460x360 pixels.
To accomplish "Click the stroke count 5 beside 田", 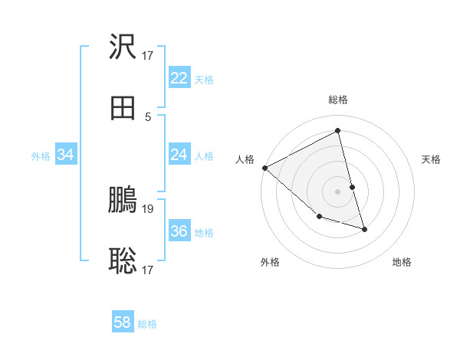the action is click(x=148, y=116).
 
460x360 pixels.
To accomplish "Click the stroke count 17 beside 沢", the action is click(x=148, y=55).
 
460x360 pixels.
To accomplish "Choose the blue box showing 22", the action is click(x=179, y=78).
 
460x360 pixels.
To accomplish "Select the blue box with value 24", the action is click(x=179, y=155).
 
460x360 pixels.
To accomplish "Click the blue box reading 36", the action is click(x=179, y=231).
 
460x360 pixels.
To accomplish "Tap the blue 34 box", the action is click(x=66, y=155).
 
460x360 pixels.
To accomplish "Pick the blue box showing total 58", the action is click(x=123, y=322).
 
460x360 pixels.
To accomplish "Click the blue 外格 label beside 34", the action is click(x=41, y=155).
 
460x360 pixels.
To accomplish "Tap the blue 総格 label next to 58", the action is click(x=147, y=324).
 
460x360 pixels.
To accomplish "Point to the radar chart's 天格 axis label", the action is click(x=431, y=159).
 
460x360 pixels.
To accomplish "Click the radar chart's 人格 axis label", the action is click(x=245, y=159).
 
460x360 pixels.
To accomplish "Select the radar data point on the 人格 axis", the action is click(x=264, y=168).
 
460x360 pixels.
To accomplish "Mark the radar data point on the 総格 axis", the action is click(x=338, y=131).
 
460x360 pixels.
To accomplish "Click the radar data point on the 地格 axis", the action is click(x=365, y=229).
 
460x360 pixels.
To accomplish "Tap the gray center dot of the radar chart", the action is click(x=338, y=191).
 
